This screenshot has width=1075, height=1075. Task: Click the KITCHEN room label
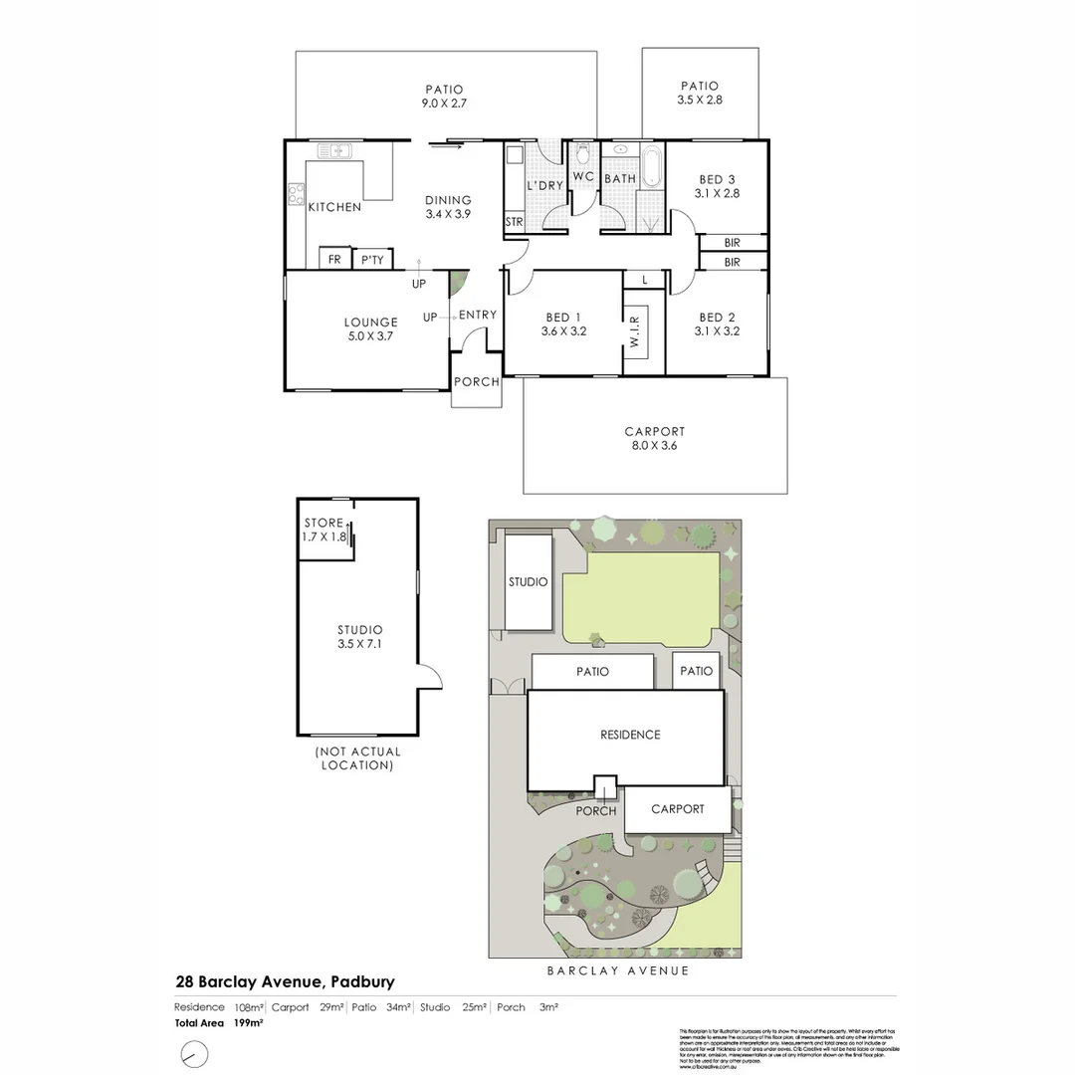tap(334, 207)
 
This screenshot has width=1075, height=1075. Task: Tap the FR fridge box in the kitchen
tap(334, 259)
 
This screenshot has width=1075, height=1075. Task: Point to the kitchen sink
tap(335, 151)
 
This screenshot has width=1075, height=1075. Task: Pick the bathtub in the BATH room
tap(651, 165)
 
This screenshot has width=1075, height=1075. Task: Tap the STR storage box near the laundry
tap(514, 221)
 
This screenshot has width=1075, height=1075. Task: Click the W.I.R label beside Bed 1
tap(634, 329)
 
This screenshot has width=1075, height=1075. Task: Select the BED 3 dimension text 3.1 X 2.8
tap(717, 194)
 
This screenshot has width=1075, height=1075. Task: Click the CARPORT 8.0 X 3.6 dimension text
tap(654, 445)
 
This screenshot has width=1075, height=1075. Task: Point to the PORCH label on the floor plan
tap(476, 381)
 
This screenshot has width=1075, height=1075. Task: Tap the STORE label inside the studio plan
tap(323, 524)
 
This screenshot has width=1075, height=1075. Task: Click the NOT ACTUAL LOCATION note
tap(356, 758)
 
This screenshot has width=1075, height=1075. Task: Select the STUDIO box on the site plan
tap(528, 582)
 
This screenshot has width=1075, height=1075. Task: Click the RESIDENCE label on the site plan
tap(629, 735)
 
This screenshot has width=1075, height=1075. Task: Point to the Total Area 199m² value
tap(249, 1022)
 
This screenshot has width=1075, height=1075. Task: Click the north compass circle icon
tap(195, 1052)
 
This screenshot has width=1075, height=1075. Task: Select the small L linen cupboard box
tap(645, 281)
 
